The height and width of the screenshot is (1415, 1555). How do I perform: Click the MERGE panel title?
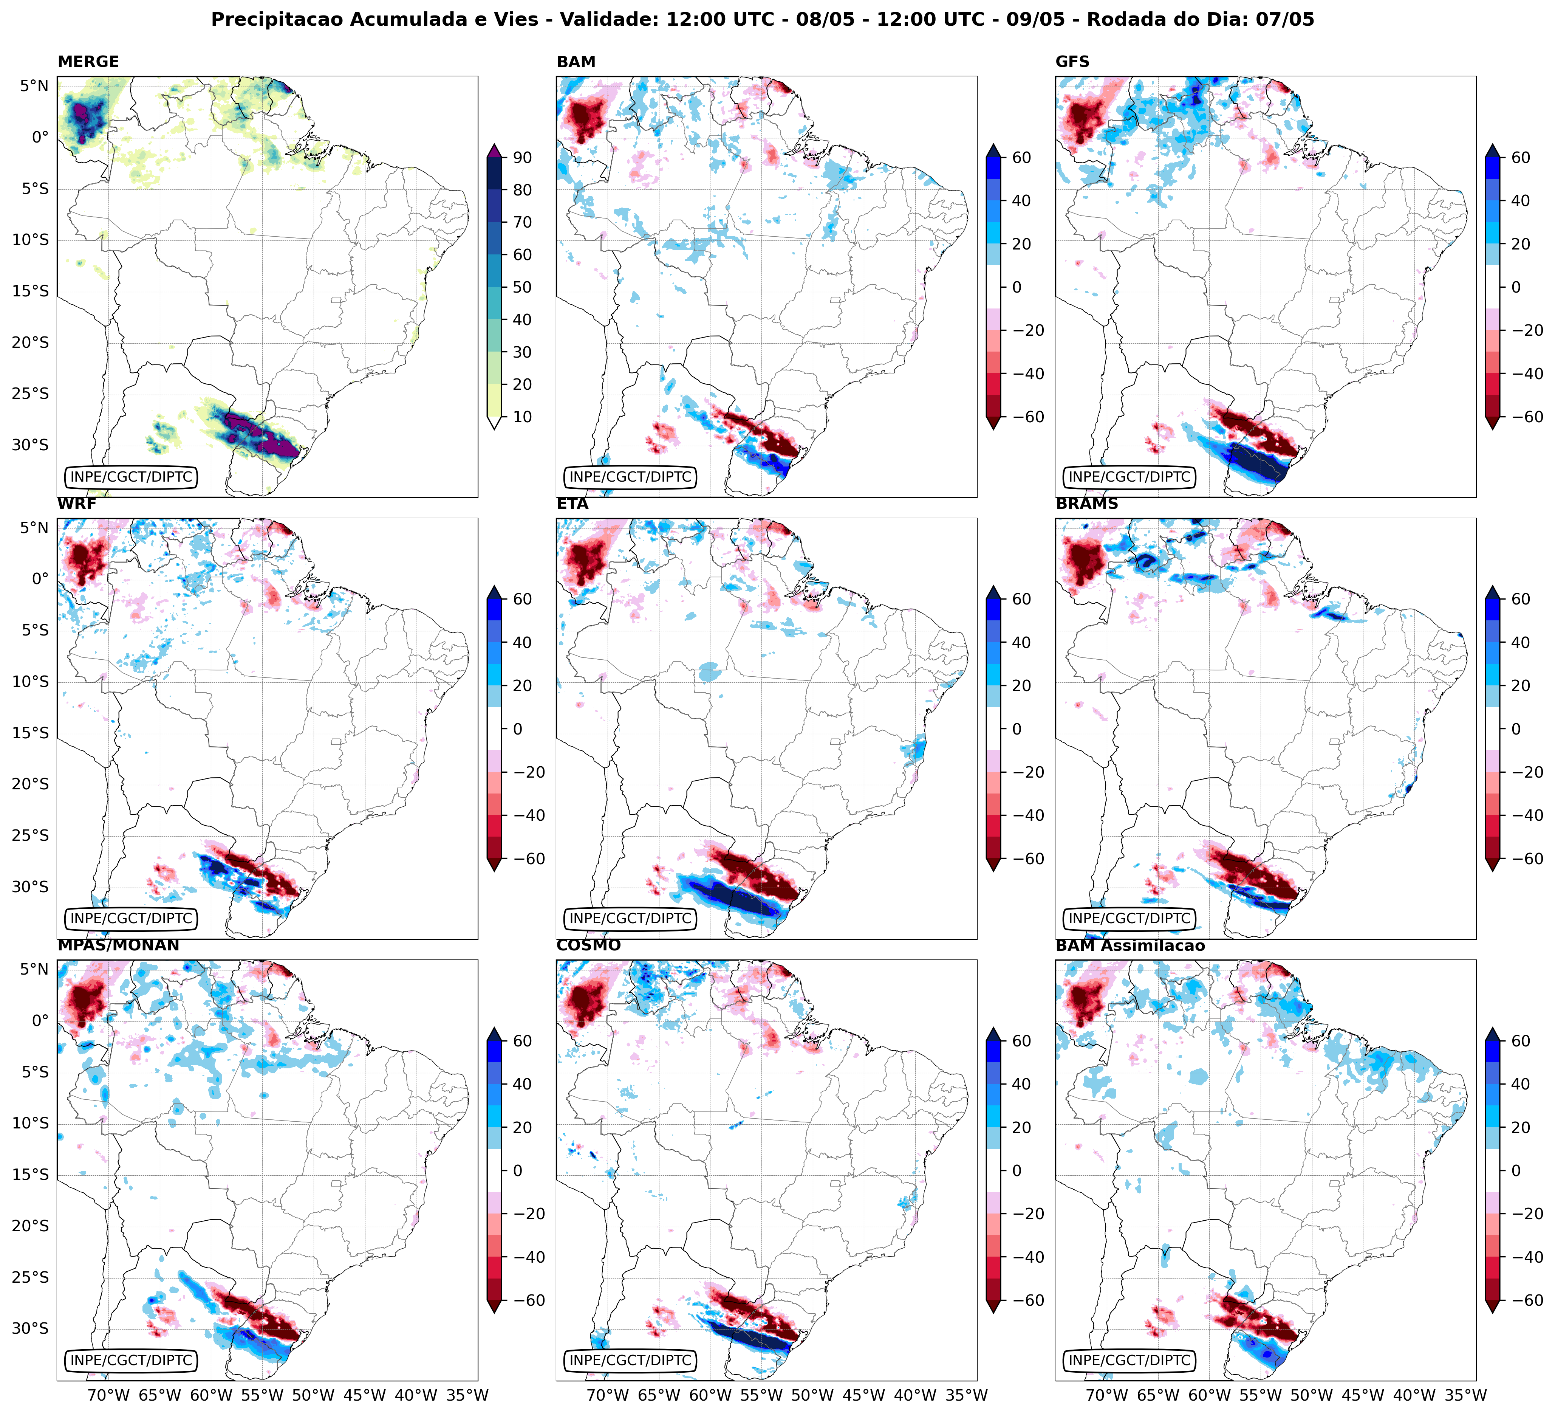coord(88,62)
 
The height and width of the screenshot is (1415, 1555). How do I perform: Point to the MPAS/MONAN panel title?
coord(118,945)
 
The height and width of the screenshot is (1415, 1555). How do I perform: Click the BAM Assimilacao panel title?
coord(1130,945)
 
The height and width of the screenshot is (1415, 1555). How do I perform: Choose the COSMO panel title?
coord(588,945)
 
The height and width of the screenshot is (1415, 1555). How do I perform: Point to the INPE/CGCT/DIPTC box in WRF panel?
coord(131,918)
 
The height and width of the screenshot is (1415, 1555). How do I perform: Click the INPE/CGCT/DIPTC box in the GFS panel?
coord(1129,477)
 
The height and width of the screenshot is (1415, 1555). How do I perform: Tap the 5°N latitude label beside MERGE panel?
coord(34,86)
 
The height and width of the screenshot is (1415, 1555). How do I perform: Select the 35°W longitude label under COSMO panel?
coord(967,1395)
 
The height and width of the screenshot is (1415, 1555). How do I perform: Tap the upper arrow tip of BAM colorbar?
coord(993,147)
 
